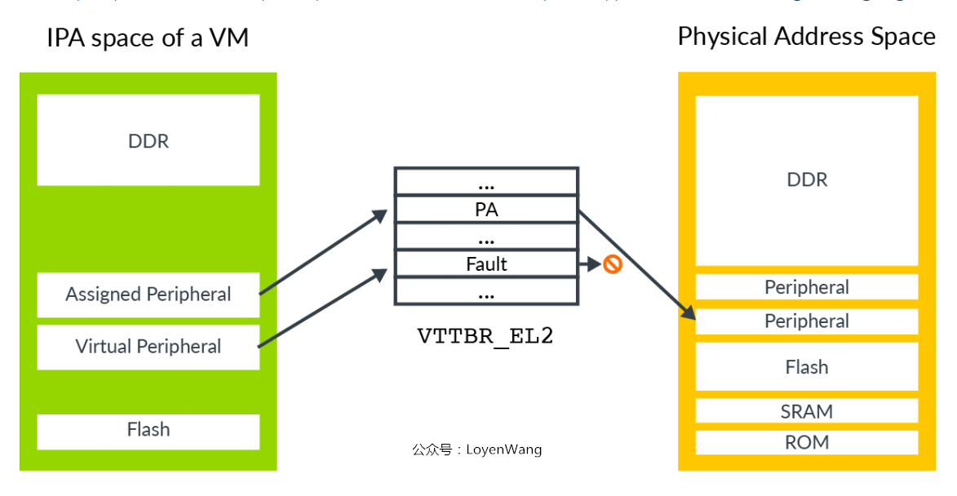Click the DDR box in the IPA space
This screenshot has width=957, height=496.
[x=148, y=140]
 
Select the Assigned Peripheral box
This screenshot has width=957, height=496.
[x=148, y=294]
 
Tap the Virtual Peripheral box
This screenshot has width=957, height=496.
[x=148, y=347]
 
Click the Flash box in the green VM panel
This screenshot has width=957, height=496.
[x=148, y=430]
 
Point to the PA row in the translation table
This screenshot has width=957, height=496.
[x=486, y=210]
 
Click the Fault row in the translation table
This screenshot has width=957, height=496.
[x=486, y=264]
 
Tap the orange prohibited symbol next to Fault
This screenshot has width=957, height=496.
[x=613, y=264]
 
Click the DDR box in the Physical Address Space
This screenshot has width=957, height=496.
[x=807, y=179]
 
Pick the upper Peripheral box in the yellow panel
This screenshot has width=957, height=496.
[x=807, y=287]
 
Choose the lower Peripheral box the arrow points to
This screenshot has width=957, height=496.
[x=807, y=321]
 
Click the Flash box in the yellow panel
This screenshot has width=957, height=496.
[x=807, y=367]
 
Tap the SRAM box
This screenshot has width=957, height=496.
[x=807, y=411]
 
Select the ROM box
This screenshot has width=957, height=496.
[x=807, y=442]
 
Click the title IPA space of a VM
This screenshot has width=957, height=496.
[x=148, y=38]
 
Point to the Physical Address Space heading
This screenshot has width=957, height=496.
[x=806, y=37]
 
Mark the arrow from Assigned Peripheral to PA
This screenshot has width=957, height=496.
[x=322, y=252]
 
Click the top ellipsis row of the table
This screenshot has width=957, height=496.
[x=486, y=182]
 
